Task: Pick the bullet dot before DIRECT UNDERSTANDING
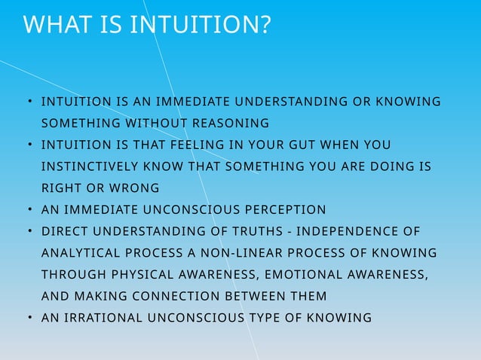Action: tap(28, 230)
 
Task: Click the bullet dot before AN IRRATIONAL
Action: tap(28, 318)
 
